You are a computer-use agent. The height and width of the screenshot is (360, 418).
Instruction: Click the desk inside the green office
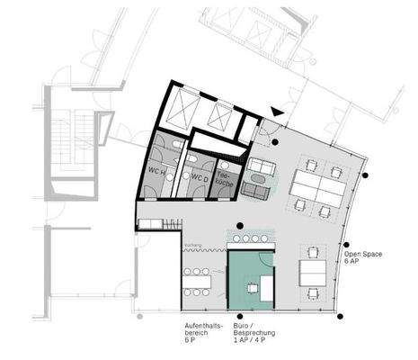254,287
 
